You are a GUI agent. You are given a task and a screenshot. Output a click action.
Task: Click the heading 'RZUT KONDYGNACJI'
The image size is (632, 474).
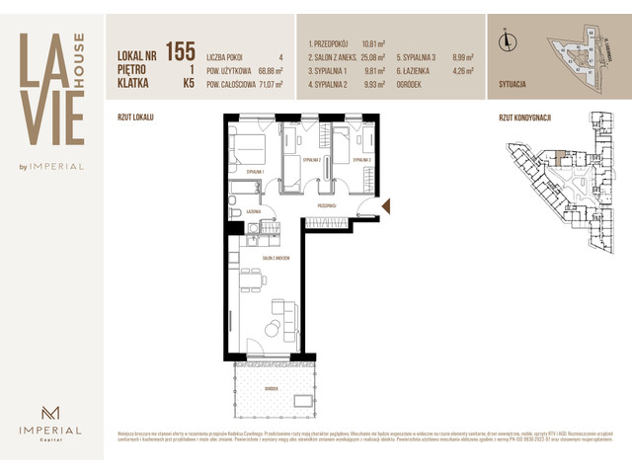click(x=524, y=118)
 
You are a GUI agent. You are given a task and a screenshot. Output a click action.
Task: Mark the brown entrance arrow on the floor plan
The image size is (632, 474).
click(x=386, y=205)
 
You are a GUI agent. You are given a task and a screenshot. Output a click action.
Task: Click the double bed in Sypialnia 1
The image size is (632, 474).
click(x=251, y=149)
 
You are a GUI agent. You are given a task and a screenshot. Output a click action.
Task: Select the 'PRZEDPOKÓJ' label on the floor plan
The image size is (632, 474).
click(x=327, y=205)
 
